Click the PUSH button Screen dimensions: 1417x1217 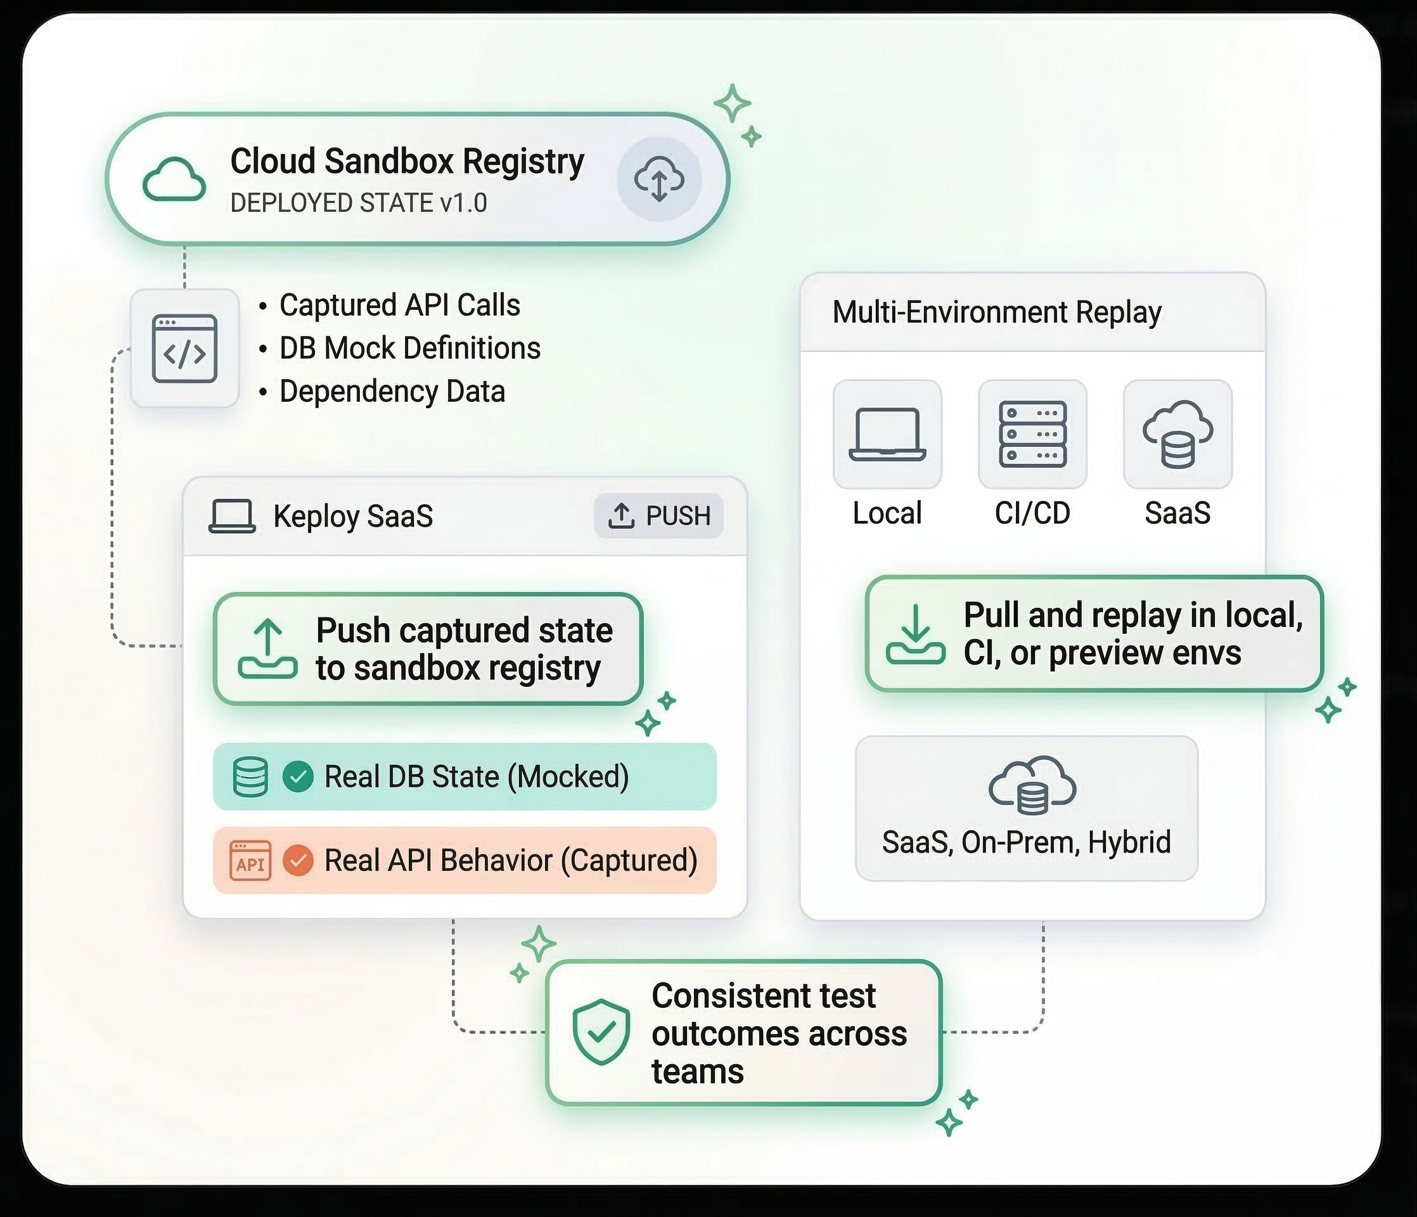658,516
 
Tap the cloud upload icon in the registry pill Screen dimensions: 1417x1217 659,179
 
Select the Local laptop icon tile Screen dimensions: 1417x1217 888,434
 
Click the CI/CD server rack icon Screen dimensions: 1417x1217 1033,434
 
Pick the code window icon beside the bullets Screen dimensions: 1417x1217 184,349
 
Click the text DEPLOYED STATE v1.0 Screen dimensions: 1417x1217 359,203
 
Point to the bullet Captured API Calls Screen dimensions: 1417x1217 399,305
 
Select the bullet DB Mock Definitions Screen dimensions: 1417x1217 409,348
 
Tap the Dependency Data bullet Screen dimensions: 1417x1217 392,391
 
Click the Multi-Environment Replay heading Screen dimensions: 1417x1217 996,312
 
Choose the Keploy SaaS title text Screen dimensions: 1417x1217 353,516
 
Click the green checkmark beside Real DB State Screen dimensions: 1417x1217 298,777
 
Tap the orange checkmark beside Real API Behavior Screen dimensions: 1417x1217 298,861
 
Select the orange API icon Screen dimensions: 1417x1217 250,861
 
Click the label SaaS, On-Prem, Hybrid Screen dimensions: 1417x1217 1027,842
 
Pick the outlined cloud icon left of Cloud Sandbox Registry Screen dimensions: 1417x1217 174,179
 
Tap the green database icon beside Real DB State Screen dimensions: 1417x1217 250,777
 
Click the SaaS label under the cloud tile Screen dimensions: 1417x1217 1177,513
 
